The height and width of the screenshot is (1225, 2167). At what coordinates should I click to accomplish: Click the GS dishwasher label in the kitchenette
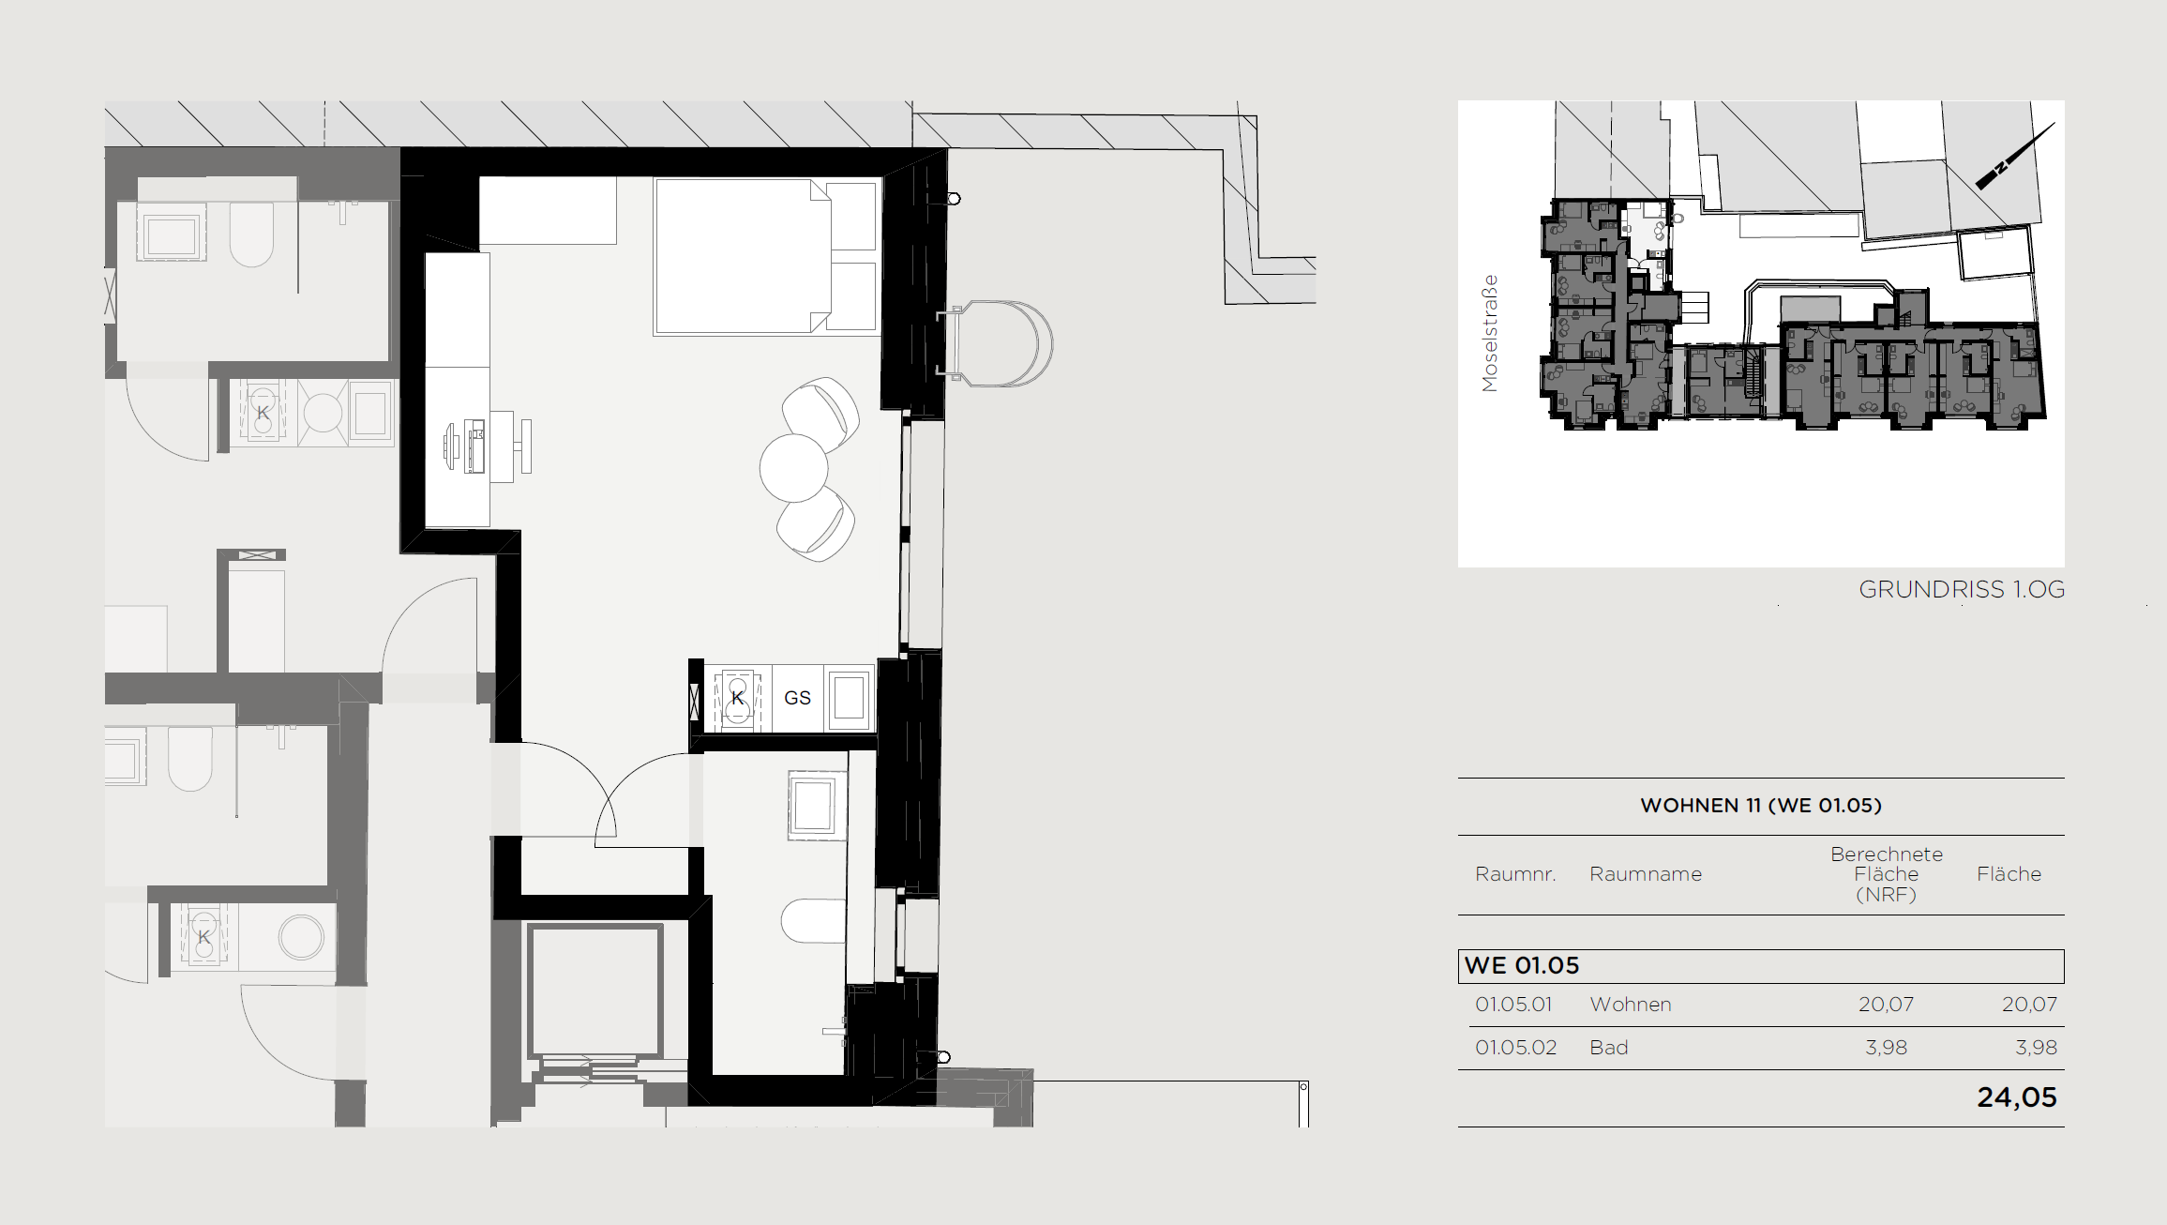(797, 698)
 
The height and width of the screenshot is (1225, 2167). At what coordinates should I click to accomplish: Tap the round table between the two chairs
(793, 468)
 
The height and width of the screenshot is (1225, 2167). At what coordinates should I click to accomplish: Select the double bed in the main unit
(766, 257)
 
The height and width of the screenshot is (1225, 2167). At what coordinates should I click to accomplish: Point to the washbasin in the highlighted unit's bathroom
(812, 805)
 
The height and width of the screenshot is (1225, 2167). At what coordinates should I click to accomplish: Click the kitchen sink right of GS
(849, 698)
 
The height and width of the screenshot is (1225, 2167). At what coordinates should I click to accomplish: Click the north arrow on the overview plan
(2015, 156)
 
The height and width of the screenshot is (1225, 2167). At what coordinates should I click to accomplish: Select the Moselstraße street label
(1490, 333)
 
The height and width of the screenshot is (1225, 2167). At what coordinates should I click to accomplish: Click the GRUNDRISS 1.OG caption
(1962, 589)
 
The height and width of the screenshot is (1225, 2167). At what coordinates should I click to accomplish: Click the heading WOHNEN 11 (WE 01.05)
(1761, 805)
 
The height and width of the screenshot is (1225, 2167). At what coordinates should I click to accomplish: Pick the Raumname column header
(1646, 874)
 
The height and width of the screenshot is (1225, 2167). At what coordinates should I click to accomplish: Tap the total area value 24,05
(2017, 1097)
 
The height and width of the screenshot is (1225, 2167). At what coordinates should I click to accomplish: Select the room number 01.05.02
(1515, 1048)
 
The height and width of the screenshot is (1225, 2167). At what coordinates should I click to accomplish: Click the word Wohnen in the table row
(1631, 1005)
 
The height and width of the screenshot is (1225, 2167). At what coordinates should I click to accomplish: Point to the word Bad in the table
(1609, 1048)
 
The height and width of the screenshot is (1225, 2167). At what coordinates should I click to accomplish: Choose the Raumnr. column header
(1515, 874)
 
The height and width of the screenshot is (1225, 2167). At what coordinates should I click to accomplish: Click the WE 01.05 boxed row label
(1522, 965)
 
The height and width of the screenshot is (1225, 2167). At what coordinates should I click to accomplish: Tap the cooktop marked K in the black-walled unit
(737, 698)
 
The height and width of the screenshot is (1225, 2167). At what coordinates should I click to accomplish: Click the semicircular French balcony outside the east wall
(998, 343)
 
